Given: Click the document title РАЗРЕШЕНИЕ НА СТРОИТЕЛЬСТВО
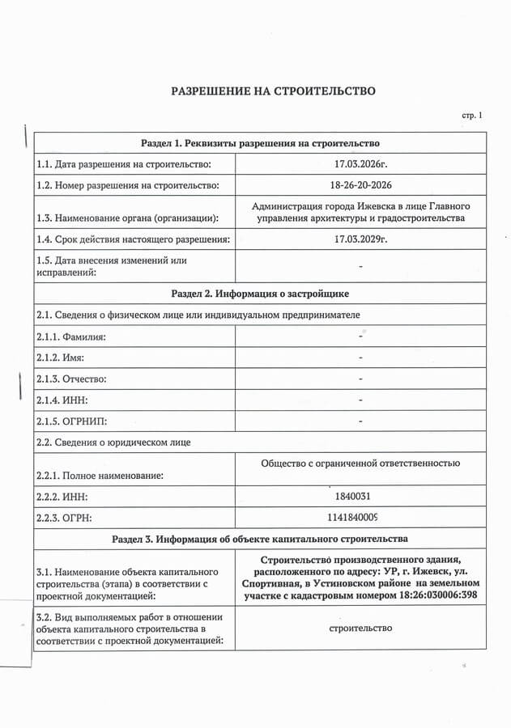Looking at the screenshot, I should [273, 91].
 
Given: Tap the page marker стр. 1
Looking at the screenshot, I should [472, 116].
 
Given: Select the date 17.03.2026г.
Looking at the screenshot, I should [360, 164].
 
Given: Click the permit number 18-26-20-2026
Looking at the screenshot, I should [360, 185].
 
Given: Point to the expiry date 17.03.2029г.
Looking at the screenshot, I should [360, 239].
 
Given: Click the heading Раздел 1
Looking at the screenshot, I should [260, 143].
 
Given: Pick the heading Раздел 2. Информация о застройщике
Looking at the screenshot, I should [260, 293].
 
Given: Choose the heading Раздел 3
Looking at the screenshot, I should [260, 538].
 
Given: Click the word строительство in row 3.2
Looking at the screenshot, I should [361, 628].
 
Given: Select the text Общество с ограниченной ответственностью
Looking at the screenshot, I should [360, 463].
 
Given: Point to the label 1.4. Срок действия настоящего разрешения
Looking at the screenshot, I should [133, 239].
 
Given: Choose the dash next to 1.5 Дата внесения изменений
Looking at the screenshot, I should [360, 266].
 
